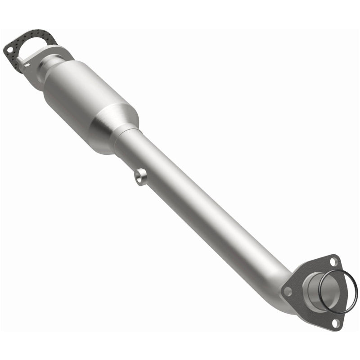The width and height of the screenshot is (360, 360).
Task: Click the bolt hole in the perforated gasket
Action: tap(9, 47)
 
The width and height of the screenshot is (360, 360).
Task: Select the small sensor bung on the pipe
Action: tap(141, 176)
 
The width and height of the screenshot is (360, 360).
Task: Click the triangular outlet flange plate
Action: tap(297, 292)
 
